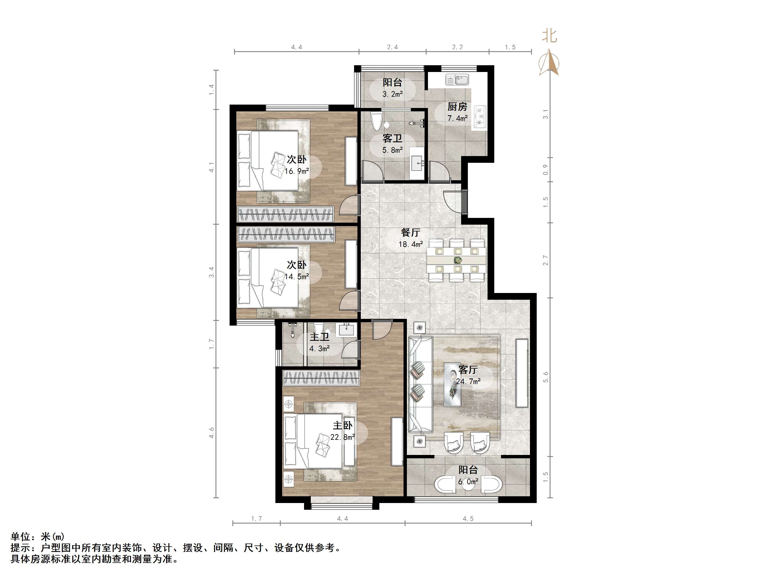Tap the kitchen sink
tap(457, 80)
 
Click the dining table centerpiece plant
tap(457, 260)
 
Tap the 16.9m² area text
tap(296, 171)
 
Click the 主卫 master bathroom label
tap(319, 337)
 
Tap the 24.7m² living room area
tap(468, 382)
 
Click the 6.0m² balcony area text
tap(468, 482)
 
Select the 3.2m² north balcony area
tap(392, 94)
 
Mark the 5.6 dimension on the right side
tap(546, 377)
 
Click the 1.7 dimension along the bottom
tap(256, 518)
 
